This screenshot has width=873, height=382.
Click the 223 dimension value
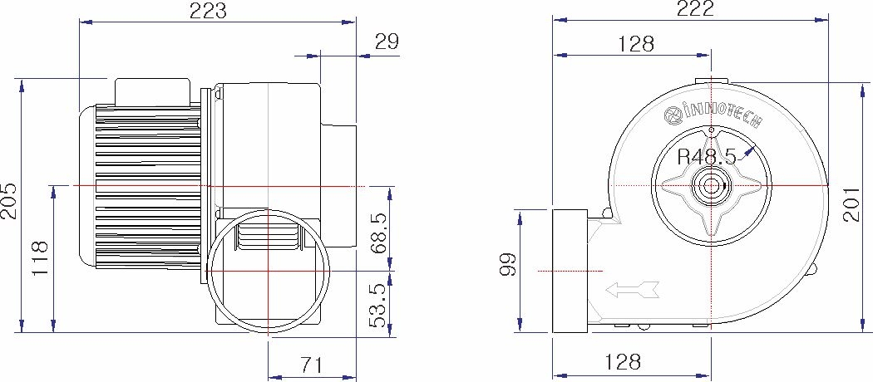click(x=208, y=11)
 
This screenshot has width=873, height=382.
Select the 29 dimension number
click(x=387, y=42)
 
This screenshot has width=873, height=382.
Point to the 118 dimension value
click(x=41, y=258)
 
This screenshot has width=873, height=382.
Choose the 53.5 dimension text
click(x=378, y=305)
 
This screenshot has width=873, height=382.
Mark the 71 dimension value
click(x=312, y=365)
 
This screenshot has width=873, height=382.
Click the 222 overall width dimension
click(x=693, y=9)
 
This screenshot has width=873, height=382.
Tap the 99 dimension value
click(x=506, y=265)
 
